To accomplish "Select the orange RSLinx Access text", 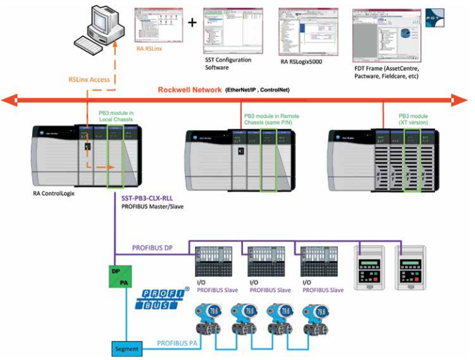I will point(89,79).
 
